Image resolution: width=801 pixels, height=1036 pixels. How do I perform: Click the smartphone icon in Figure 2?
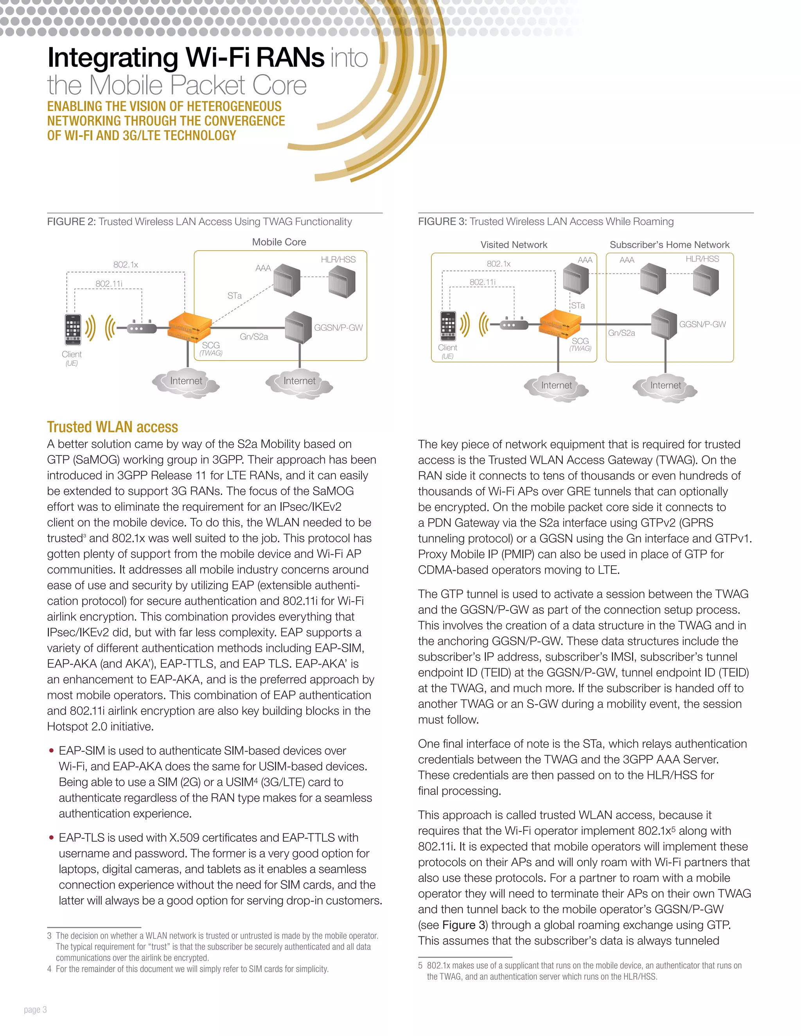point(73,330)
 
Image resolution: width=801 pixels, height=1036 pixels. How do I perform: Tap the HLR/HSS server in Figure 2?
point(342,281)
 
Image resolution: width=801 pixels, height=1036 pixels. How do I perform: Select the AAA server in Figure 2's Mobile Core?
point(287,280)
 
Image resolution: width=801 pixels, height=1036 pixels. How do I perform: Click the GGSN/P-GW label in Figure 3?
point(702,324)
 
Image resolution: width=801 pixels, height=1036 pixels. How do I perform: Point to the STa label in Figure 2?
point(234,296)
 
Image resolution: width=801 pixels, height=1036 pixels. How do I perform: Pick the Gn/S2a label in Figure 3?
point(621,333)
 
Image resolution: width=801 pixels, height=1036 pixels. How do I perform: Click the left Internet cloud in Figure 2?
point(186,382)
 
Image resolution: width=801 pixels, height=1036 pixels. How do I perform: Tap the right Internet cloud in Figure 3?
point(665,386)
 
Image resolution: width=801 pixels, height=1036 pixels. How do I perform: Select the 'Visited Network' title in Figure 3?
point(514,245)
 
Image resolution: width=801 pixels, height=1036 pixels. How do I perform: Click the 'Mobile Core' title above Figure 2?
point(279,242)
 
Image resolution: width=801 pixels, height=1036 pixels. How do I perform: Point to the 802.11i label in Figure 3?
point(483,282)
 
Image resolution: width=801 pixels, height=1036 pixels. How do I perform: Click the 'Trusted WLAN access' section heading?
point(113,427)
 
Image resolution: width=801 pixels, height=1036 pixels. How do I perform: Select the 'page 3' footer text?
point(36,1009)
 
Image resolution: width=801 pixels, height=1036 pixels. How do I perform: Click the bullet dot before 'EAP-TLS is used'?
point(51,838)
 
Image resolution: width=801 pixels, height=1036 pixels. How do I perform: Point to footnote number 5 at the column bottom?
point(420,965)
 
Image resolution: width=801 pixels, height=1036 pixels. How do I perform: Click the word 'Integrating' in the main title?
point(113,58)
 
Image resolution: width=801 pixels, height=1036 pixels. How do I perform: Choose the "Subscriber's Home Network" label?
point(669,245)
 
